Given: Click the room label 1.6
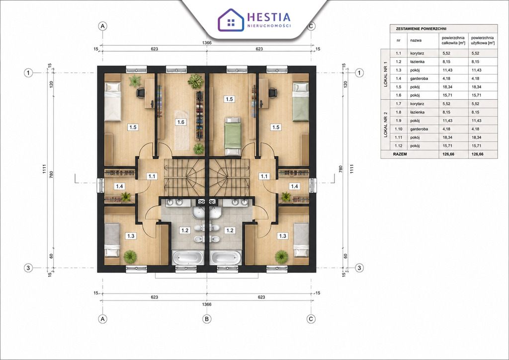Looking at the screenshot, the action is (180, 122).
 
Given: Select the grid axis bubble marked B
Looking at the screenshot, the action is (207, 319).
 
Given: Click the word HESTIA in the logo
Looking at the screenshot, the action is (269, 17).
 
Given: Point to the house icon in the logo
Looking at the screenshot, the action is (231, 20).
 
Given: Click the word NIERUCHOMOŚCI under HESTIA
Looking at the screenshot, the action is (269, 26).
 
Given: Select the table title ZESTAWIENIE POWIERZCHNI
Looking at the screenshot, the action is (421, 29).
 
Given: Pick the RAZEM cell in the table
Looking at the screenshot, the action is (400, 154).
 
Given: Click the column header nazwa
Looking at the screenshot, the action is (416, 41).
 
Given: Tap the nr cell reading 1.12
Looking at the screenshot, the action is (398, 146).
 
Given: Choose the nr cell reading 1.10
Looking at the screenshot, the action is (398, 129).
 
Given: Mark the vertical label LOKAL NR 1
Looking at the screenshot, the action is (385, 74).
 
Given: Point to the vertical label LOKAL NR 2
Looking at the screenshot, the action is (385, 125).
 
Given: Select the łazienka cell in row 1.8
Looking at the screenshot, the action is (417, 112).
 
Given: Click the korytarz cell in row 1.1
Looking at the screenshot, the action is (417, 53).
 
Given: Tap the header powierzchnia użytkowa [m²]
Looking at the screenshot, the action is (483, 40).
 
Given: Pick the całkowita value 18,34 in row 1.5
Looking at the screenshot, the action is (447, 87).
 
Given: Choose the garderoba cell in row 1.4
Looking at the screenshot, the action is (419, 78).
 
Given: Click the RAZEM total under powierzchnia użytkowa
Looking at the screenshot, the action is (477, 154).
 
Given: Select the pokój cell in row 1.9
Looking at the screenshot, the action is (415, 121).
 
